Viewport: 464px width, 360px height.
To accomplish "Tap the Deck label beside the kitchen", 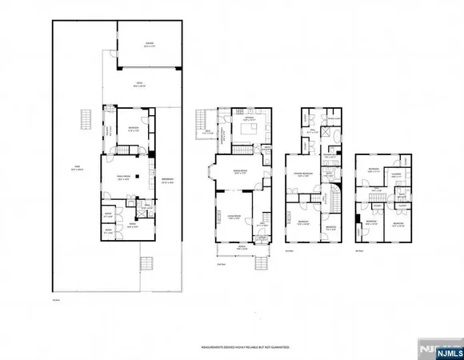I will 208,133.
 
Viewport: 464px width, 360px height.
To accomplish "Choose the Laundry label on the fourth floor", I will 396,174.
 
